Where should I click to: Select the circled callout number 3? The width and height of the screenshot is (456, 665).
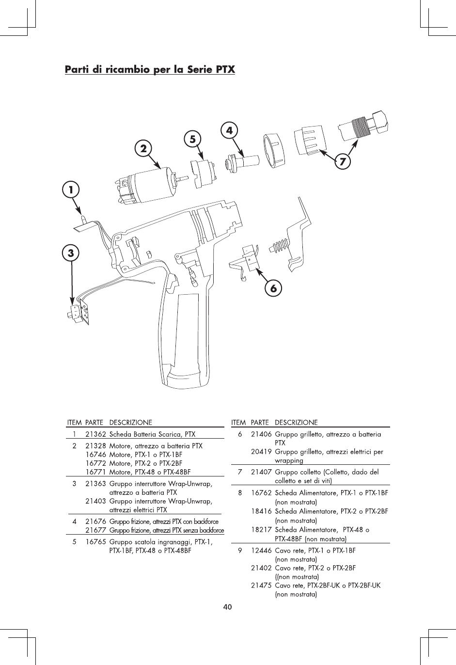(x=71, y=253)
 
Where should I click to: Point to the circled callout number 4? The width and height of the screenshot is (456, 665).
(x=229, y=130)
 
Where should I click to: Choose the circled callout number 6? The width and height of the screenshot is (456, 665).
(x=274, y=288)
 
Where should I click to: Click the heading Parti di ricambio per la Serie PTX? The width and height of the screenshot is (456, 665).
(x=150, y=70)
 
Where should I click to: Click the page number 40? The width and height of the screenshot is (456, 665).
(x=228, y=606)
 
